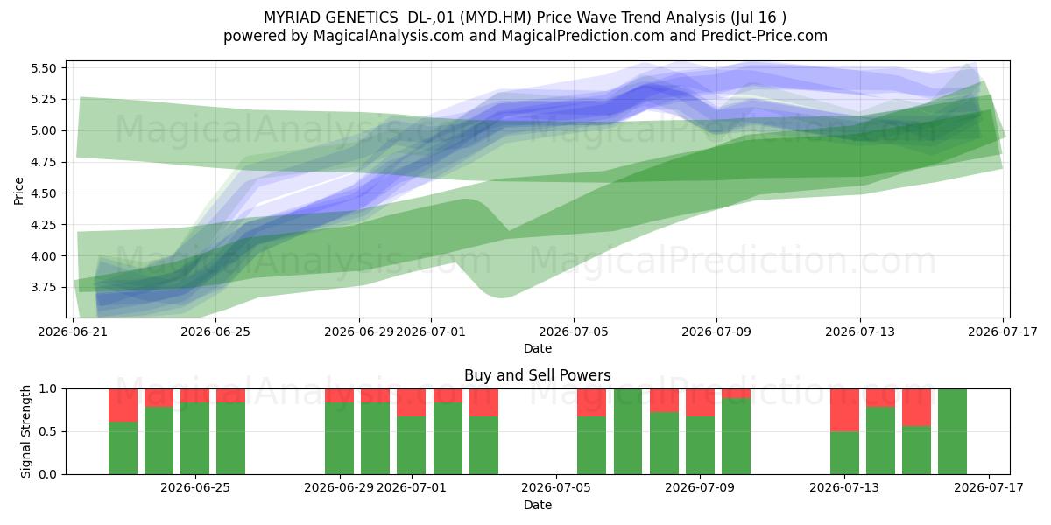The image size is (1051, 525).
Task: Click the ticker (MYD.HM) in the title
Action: tap(496, 17)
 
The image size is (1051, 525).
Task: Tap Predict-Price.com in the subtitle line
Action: tap(765, 36)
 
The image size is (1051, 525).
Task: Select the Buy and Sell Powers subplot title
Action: tap(537, 375)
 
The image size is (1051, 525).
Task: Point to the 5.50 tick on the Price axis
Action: tap(43, 68)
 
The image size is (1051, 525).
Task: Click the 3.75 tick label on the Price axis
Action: tap(43, 287)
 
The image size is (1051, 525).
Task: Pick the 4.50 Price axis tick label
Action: tap(43, 193)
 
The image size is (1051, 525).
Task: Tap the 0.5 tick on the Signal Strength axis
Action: tap(47, 431)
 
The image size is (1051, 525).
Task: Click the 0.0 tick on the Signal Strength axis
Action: tap(47, 474)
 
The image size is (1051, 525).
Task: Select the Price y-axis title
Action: tap(18, 191)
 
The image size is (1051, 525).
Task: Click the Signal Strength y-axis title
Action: tap(25, 431)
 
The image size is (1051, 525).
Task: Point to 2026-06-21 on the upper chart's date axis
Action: tap(73, 332)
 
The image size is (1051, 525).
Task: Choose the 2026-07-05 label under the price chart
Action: tap(574, 332)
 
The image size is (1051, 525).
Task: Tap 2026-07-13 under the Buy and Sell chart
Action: tap(844, 487)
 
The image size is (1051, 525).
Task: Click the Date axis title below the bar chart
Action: tap(537, 505)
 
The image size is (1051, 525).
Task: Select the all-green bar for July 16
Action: tap(953, 431)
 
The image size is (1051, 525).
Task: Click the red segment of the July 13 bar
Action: tap(844, 410)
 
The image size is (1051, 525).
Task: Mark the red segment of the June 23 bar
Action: tap(123, 405)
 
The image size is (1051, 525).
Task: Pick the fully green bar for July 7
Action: tap(628, 431)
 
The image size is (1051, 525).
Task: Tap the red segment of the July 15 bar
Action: tap(916, 408)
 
